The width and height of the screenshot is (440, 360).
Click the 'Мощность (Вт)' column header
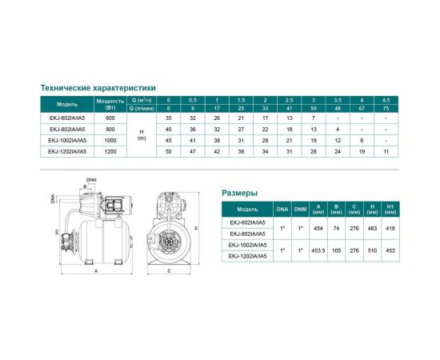[108, 102]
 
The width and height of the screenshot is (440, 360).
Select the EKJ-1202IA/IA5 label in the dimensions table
[248, 258]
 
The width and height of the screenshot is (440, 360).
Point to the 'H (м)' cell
[142, 134]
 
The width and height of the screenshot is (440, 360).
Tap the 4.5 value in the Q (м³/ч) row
[386, 99]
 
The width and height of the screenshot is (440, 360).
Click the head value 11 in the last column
[386, 150]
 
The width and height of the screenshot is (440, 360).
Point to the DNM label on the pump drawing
[91, 181]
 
